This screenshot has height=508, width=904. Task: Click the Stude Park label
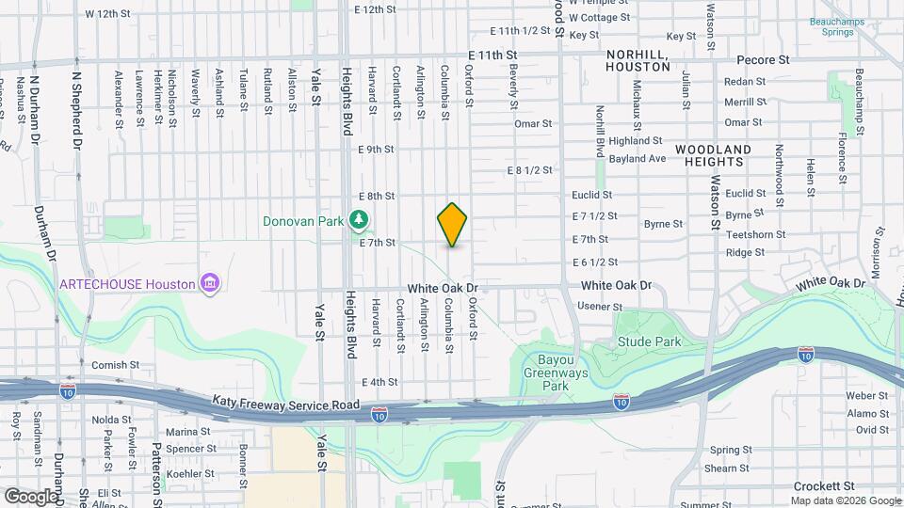[649, 342]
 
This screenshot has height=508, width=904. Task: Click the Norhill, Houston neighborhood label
[637, 61]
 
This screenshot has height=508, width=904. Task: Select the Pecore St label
[763, 59]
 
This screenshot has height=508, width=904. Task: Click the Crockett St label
[829, 485]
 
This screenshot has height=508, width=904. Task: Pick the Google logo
[31, 496]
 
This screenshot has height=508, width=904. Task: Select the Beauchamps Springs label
[831, 25]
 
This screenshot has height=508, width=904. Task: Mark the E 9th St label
[376, 149]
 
